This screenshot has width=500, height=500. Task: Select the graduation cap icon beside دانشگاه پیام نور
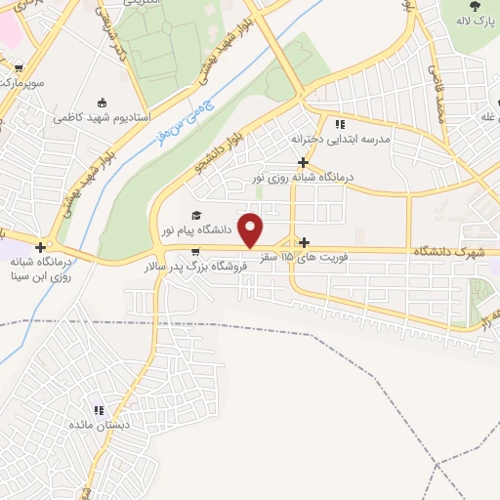pyautogui.click(x=195, y=215)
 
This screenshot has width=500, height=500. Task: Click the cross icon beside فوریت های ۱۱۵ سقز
pyautogui.click(x=305, y=242)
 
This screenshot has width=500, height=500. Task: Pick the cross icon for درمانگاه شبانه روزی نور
pyautogui.click(x=304, y=162)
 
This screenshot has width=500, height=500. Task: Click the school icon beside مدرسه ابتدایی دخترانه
pyautogui.click(x=340, y=124)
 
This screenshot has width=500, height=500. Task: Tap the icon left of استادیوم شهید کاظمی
pyautogui.click(x=103, y=102)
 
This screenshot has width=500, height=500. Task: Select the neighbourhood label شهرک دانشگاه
pyautogui.click(x=449, y=251)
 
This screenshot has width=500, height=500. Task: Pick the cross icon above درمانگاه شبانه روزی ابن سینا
pyautogui.click(x=40, y=248)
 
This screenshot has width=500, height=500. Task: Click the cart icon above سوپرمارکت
pyautogui.click(x=20, y=68)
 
